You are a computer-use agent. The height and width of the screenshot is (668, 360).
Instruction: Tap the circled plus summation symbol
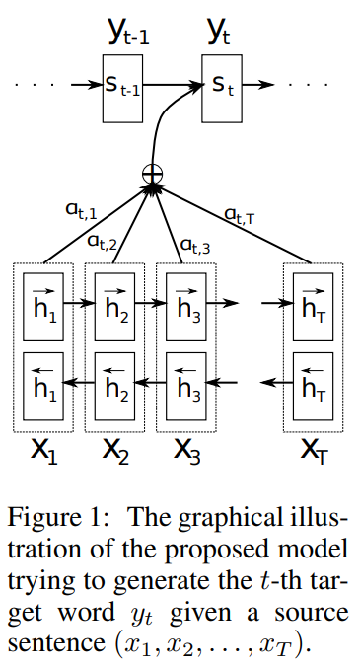click(152, 177)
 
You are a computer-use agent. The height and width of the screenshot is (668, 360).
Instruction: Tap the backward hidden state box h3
click(185, 381)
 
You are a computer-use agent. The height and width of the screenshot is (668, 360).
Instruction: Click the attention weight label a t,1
click(78, 211)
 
